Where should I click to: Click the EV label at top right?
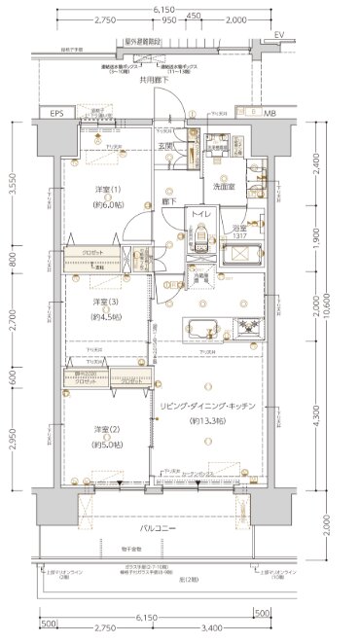pos(279,36)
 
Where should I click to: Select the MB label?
pos(269,114)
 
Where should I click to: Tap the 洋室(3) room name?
pos(106,302)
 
